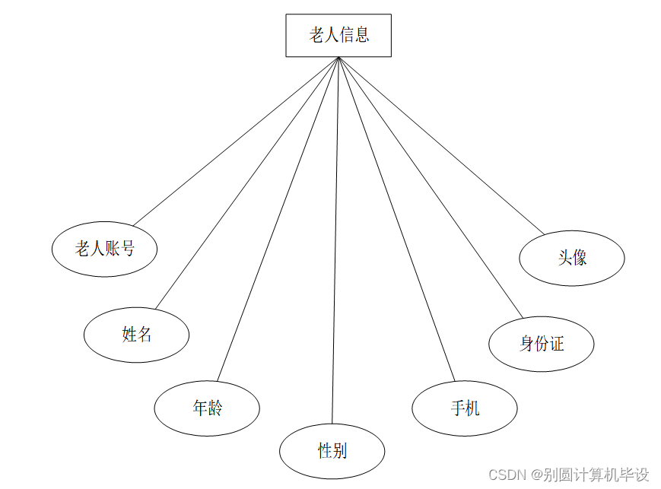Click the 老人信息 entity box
coord(338,35)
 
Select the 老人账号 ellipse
coord(104,249)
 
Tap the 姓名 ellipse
coord(136,334)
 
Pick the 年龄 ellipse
coord(207,408)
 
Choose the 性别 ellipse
coord(332,451)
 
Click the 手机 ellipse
coord(465,408)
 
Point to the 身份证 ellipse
coord(542,344)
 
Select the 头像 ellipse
coord(572,258)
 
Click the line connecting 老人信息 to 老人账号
coord(236,141)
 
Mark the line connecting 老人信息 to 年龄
coord(278,218)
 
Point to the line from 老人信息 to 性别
coord(335,240)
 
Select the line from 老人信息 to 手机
coord(396,218)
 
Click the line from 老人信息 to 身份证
coord(431,187)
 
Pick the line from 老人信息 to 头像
coord(441,145)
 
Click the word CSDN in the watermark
coord(507,475)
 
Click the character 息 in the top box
coord(362,35)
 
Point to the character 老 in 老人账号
coord(82,249)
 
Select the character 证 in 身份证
coord(556,344)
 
